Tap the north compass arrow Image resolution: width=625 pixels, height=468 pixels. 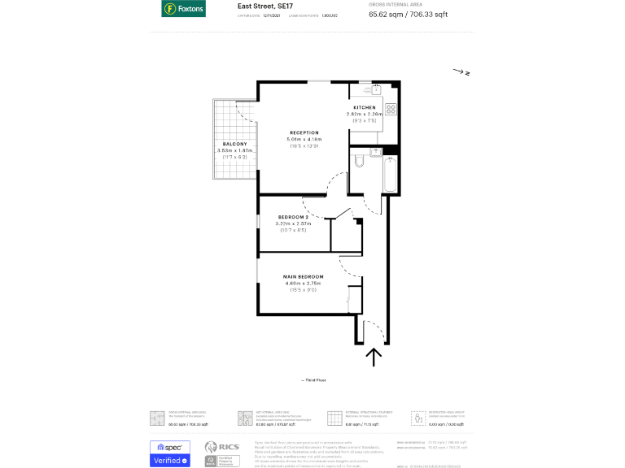pos(461,72)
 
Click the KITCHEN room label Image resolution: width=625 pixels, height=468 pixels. pos(364,108)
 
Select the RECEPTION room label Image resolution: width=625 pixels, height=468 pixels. pos(304,132)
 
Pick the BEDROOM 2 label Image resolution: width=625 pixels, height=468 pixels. pos(293,217)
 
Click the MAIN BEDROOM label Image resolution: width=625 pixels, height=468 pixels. pos(303,276)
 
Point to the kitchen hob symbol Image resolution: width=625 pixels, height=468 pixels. pos(391,108)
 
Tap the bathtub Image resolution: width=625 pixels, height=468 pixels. pos(390,173)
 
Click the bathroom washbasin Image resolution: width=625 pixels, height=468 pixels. pos(376,152)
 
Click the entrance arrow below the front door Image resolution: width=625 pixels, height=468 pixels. pos(374,357)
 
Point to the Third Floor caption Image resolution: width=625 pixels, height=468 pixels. pos(313,380)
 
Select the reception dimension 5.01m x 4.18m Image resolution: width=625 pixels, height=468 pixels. pos(304,139)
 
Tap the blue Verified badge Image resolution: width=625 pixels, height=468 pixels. pos(169,461)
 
